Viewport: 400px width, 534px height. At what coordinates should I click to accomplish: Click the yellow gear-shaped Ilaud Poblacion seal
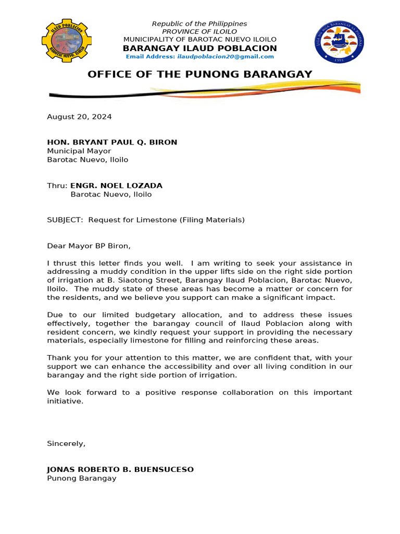pyautogui.click(x=66, y=41)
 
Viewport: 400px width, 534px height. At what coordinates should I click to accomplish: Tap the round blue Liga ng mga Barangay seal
pyautogui.click(x=339, y=43)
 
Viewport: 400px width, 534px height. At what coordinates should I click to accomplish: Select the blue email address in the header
pyautogui.click(x=199, y=56)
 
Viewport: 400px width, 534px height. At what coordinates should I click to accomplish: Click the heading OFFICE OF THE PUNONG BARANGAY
pyautogui.click(x=199, y=74)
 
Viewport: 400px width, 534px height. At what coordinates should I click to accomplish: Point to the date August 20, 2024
pyautogui.click(x=79, y=117)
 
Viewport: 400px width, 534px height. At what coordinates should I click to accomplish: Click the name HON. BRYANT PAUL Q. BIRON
pyautogui.click(x=112, y=142)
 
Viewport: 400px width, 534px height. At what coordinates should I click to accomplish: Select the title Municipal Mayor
pyautogui.click(x=79, y=151)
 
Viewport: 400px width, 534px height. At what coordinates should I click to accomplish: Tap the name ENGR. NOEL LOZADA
pyautogui.click(x=116, y=186)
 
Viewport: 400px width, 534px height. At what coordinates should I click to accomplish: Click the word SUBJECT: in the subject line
pyautogui.click(x=65, y=220)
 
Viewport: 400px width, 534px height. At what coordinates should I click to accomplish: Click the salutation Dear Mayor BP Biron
pyautogui.click(x=89, y=246)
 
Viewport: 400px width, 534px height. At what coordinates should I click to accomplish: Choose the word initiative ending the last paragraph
pyautogui.click(x=65, y=401)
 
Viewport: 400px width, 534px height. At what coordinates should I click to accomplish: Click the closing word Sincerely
pyautogui.click(x=66, y=444)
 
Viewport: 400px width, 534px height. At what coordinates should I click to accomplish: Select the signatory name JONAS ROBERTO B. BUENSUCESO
pyautogui.click(x=120, y=469)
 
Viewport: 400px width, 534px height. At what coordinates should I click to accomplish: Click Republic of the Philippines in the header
pyautogui.click(x=199, y=24)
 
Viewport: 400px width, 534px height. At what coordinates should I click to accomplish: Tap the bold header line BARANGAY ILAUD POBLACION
pyautogui.click(x=199, y=48)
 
